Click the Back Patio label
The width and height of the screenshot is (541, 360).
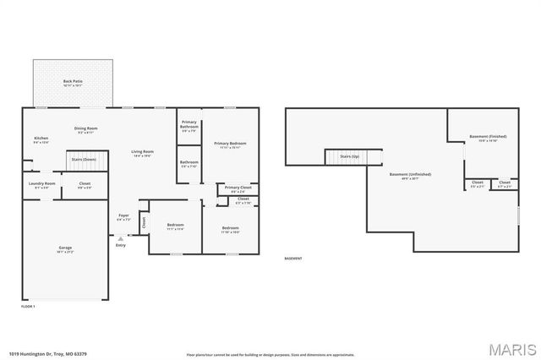(x=73, y=83)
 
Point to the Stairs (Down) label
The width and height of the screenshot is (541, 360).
(x=84, y=158)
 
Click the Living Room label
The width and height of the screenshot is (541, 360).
(x=142, y=153)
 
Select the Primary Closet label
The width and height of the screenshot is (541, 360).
(x=238, y=188)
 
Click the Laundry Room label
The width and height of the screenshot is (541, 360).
(x=41, y=184)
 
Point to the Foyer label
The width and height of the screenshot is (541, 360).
(x=123, y=217)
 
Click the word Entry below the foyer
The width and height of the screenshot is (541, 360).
(x=121, y=245)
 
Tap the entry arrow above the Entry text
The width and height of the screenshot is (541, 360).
(x=121, y=238)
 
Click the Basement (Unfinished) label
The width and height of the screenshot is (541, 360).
(x=410, y=176)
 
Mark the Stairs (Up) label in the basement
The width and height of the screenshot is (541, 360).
(x=350, y=157)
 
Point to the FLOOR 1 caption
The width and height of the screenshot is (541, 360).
(x=28, y=305)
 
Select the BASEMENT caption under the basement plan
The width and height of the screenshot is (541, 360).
(x=293, y=259)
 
